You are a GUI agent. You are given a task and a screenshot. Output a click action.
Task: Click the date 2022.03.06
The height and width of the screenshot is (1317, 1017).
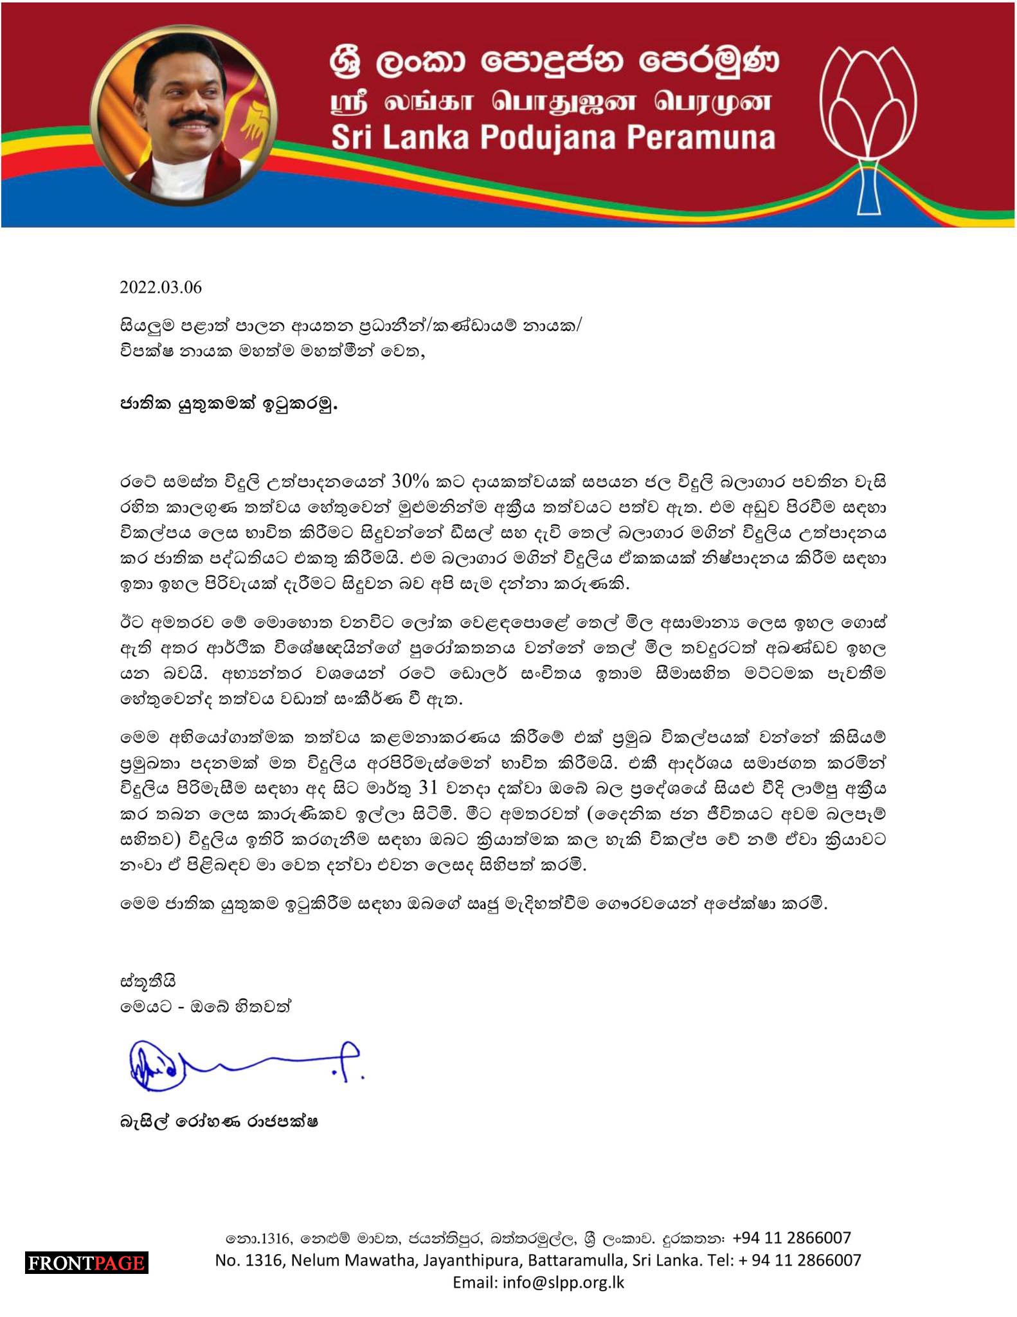coord(161,287)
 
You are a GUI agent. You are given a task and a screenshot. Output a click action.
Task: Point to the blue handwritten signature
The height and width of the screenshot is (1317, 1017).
coord(244,1065)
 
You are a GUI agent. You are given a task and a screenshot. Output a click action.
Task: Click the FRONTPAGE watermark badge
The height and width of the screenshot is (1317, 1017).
coord(87,1263)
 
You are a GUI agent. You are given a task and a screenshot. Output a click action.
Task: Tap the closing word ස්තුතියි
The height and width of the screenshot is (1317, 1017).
coord(148,982)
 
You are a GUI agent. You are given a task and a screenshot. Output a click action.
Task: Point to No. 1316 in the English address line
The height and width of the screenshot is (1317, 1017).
coord(250,1260)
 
